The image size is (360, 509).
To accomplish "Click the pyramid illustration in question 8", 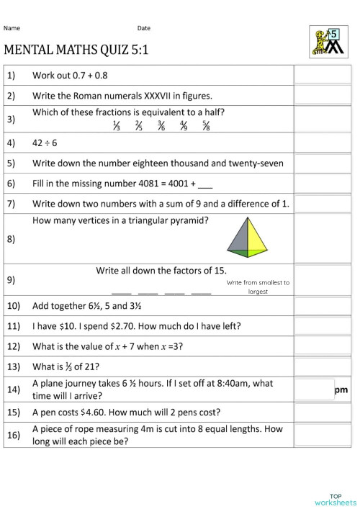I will [246, 237].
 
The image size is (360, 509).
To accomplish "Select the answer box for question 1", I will [322, 75].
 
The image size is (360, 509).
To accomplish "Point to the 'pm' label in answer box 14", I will [341, 390].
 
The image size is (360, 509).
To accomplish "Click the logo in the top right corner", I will [327, 42].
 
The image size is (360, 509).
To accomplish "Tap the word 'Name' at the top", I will [12, 29].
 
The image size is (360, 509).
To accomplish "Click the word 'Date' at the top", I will [144, 29].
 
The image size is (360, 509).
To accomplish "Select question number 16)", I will [13, 436].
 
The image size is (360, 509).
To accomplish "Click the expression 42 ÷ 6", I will [45, 143].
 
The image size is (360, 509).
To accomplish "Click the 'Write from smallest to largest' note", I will [258, 287].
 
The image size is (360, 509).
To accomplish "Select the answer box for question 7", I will [322, 204].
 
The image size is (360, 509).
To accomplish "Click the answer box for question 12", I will [322, 346].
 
